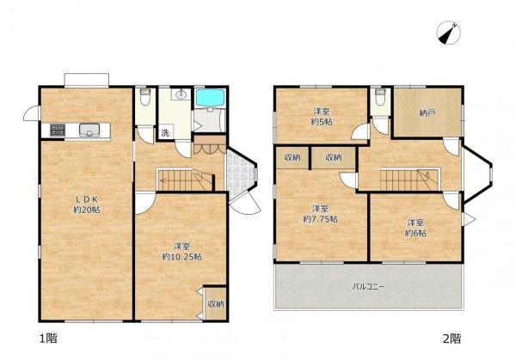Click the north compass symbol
(x=449, y=33)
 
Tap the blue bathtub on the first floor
(x=211, y=98)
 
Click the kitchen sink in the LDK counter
(x=89, y=130)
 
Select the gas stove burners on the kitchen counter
(x=58, y=130)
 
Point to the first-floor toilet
(x=144, y=96)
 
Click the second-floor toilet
(x=380, y=96)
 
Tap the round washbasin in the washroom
(x=181, y=95)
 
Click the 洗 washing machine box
(x=165, y=132)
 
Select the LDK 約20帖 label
(x=87, y=204)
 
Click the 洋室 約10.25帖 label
(x=182, y=252)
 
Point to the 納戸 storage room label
(x=427, y=113)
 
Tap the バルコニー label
(x=368, y=286)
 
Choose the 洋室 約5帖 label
(x=322, y=117)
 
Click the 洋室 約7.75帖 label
(x=320, y=214)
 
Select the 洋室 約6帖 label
(x=415, y=228)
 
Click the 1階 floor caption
(x=48, y=338)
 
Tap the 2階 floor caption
(x=451, y=339)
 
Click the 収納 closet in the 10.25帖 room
(x=216, y=303)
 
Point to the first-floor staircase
(x=185, y=180)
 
